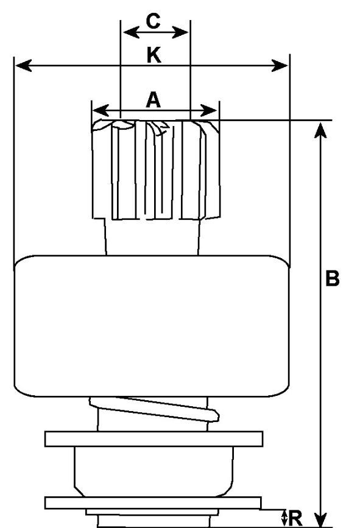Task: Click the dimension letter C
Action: tap(153, 21)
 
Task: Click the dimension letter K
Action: tap(154, 55)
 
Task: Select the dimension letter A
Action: tap(154, 100)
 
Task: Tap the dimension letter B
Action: tap(333, 278)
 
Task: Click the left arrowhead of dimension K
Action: tap(24, 65)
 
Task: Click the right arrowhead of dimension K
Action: tap(280, 65)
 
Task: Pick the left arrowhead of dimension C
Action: tap(132, 32)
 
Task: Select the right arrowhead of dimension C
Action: tap(180, 32)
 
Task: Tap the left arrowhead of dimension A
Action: tap(101, 110)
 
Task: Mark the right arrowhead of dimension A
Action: tap(209, 110)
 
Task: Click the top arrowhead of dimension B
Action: tap(320, 130)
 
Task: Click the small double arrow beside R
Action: tap(284, 518)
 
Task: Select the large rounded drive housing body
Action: tap(152, 326)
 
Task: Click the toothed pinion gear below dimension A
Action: tap(156, 169)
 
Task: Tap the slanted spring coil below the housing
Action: tap(154, 409)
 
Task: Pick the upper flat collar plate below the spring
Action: tap(154, 438)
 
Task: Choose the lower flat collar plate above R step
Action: tap(154, 503)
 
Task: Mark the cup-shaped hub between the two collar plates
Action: tap(154, 471)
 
